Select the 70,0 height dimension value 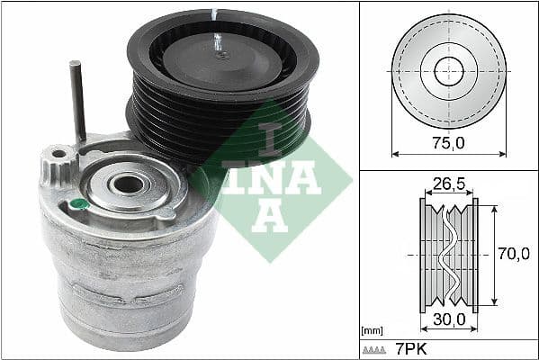coord(513,256)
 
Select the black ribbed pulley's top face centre coord(221,57)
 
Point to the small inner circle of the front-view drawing coord(448,71)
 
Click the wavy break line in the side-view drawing coord(447,256)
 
